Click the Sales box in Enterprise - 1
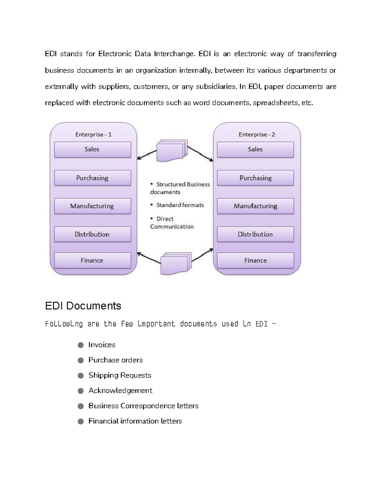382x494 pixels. pyautogui.click(x=92, y=150)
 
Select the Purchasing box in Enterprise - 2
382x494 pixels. pyautogui.click(x=255, y=178)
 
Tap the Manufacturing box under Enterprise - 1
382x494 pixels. pyautogui.click(x=92, y=206)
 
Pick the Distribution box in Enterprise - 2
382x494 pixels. pyautogui.click(x=255, y=234)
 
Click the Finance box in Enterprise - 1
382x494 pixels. pyautogui.click(x=92, y=261)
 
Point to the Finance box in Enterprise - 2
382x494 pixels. pyautogui.click(x=255, y=261)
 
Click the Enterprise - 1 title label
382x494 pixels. pyautogui.click(x=93, y=135)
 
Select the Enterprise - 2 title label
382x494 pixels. pyautogui.click(x=257, y=135)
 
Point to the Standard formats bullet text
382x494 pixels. pyautogui.click(x=180, y=205)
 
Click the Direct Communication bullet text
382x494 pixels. pyautogui.click(x=172, y=223)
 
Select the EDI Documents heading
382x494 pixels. pyautogui.click(x=83, y=306)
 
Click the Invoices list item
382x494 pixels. pyautogui.click(x=102, y=345)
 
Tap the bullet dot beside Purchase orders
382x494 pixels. pyautogui.click(x=81, y=360)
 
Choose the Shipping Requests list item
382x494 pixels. pyautogui.click(x=120, y=375)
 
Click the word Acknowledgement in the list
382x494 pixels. pyautogui.click(x=120, y=391)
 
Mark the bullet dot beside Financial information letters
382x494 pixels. pyautogui.click(x=81, y=421)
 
